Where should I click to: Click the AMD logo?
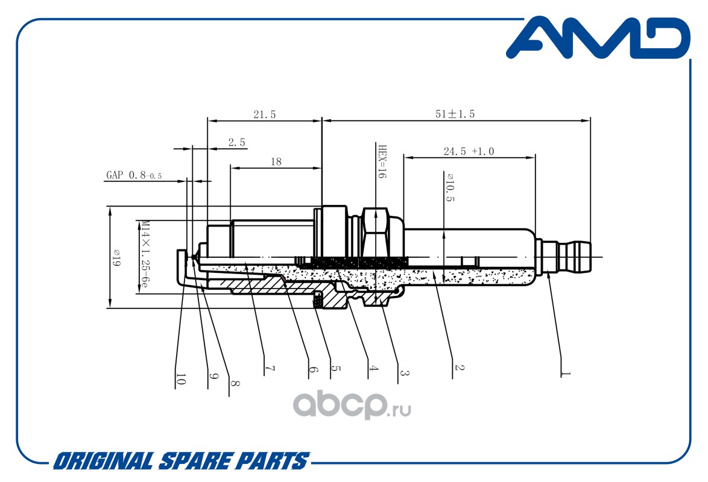[x=598, y=38]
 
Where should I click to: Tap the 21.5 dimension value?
[x=265, y=114]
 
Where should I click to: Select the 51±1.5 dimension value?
[x=455, y=114]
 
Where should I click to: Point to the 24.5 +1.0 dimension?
[x=469, y=151]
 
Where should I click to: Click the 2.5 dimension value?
[x=236, y=143]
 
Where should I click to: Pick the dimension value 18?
[x=276, y=161]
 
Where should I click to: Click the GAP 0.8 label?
[x=134, y=175]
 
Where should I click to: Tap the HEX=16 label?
[x=382, y=161]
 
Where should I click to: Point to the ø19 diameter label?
[x=116, y=258]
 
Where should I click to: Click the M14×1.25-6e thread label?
[x=144, y=254]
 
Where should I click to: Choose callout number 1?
[x=565, y=374]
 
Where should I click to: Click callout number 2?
[x=459, y=368]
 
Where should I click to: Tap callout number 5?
[x=335, y=368]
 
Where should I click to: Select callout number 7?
[x=270, y=369]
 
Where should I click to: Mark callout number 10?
[x=180, y=379]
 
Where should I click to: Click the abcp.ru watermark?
[x=352, y=405]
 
